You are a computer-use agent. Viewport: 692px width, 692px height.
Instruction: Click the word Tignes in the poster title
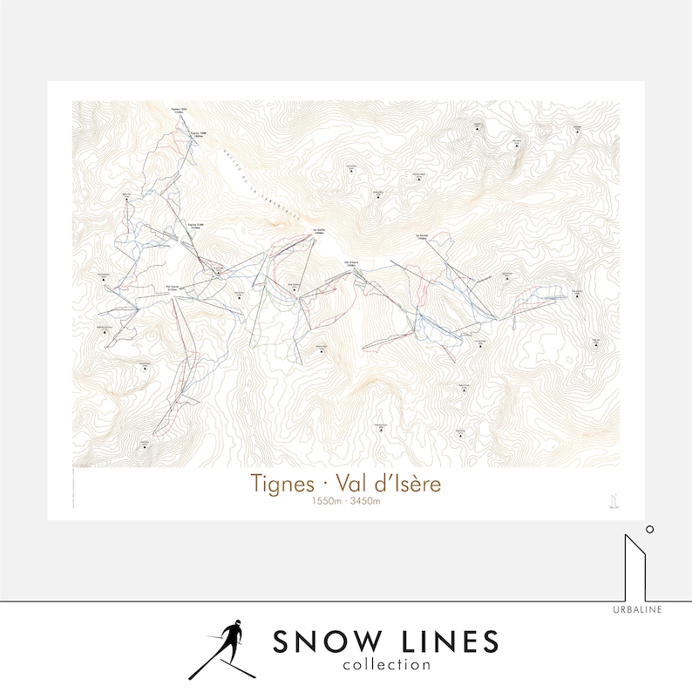coord(279,483)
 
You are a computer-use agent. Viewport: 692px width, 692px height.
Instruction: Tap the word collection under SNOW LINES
coord(386,664)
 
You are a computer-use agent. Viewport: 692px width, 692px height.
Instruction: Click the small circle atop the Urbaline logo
coord(649,528)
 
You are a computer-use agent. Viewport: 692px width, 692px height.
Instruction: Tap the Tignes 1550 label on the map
coord(179,110)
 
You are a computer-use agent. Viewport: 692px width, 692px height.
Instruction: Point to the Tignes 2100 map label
coord(196,224)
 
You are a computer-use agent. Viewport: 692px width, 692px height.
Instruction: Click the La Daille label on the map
coord(318,232)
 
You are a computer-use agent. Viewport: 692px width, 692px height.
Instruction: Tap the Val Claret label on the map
coord(172,285)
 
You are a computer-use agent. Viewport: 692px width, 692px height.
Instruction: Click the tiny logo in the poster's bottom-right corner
coord(614,499)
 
